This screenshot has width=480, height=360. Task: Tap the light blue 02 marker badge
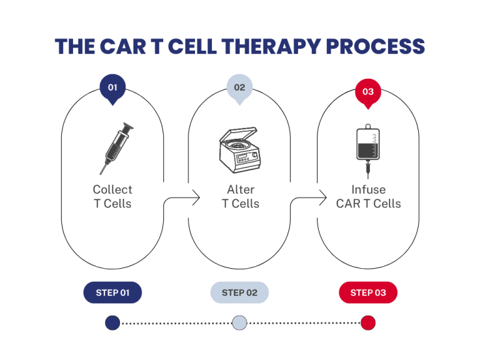[x=240, y=88]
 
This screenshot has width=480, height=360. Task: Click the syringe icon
[x=117, y=147]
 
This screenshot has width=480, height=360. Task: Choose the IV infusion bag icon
[x=368, y=146]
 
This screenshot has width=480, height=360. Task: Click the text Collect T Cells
[x=112, y=196]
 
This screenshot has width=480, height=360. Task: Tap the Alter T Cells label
[x=241, y=196]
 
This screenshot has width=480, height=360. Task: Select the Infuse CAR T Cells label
[x=368, y=196]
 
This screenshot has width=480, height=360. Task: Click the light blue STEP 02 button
[x=239, y=292]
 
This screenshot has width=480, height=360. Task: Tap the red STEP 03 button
[x=368, y=292]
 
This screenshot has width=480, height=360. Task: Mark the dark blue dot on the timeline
[x=112, y=323]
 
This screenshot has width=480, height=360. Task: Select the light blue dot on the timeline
[x=239, y=323]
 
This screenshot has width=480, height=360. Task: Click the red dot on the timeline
[x=368, y=323]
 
